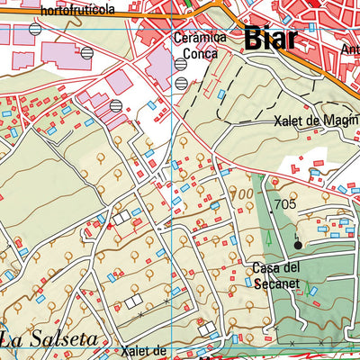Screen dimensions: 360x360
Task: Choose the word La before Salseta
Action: click(x=13, y=339)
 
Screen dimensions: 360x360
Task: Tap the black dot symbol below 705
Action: click(x=298, y=243)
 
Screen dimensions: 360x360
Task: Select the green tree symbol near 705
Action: click(x=267, y=238)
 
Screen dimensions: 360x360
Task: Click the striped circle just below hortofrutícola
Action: click(x=34, y=29)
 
